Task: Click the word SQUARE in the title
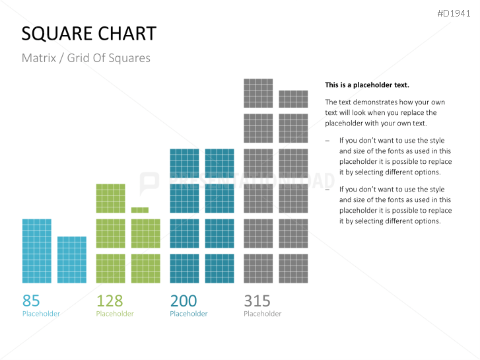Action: coord(57,34)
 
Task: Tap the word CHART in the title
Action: coord(127,34)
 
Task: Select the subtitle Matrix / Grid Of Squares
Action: coord(86,58)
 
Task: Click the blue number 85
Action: coord(31,301)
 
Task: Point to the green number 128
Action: coord(110,301)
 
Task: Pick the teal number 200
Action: coord(184,301)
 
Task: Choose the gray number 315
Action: coord(257,301)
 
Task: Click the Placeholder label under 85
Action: coord(41,314)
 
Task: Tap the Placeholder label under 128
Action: coord(115,314)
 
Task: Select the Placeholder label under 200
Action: coord(189,314)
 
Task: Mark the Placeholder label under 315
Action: coord(263,314)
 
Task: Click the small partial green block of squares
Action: coord(139,210)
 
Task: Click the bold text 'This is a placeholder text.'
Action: coord(367,85)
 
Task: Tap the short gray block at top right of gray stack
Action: coord(293,99)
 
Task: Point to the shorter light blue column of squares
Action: coord(71,260)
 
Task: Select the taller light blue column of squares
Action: coord(36,251)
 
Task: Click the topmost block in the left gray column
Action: coord(258,93)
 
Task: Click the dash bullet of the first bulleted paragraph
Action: coord(327,141)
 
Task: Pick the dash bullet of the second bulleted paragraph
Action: coord(327,189)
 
